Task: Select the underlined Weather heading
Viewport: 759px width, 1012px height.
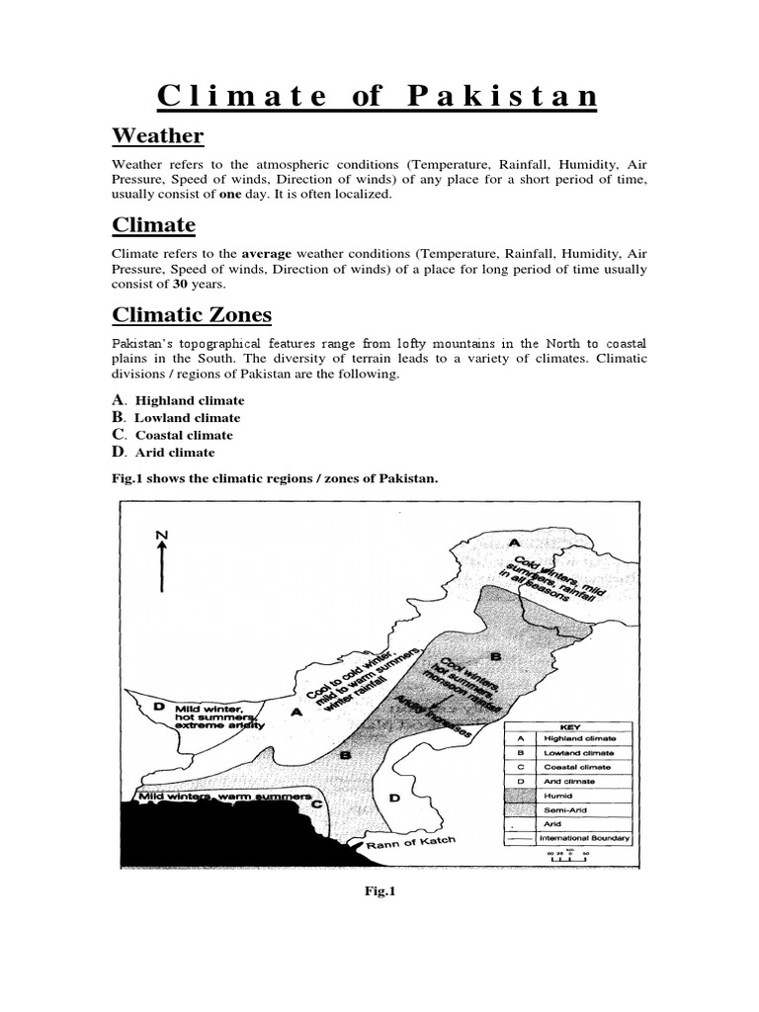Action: (x=157, y=135)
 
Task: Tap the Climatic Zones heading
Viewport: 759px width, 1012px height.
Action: (x=192, y=315)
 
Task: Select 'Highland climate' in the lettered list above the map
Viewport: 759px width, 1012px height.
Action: (x=189, y=400)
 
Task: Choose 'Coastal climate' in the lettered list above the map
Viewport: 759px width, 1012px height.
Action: (x=184, y=435)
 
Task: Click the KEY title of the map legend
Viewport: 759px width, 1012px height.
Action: (x=569, y=724)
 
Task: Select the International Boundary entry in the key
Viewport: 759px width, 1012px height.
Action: (x=584, y=838)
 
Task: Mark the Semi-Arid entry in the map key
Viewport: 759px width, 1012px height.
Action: (x=562, y=807)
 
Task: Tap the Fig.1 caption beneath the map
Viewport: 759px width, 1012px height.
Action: (x=379, y=890)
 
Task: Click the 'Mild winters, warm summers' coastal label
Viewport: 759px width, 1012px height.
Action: (x=225, y=796)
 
